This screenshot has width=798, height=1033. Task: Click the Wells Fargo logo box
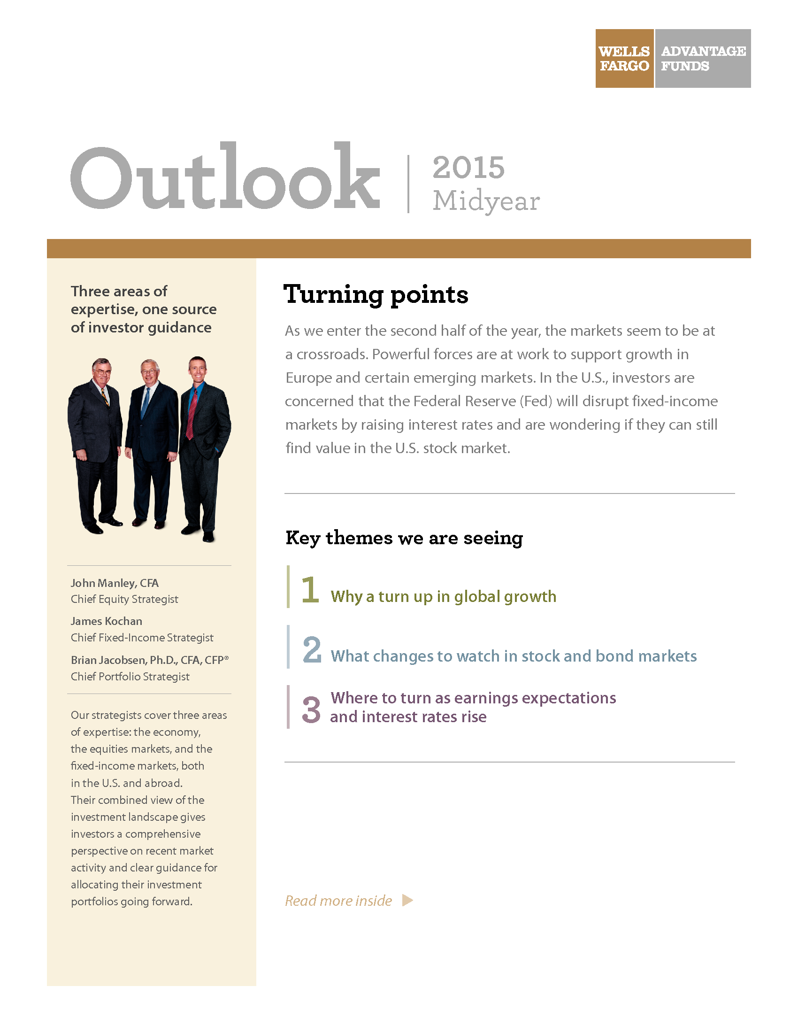pos(624,58)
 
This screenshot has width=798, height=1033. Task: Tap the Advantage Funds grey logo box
pos(703,58)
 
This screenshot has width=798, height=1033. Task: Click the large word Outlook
pos(225,177)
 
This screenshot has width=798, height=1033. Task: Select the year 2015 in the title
pos(468,168)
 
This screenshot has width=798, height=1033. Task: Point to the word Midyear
pos(486,201)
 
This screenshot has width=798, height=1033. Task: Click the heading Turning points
pos(376,294)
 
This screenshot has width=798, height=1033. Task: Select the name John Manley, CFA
pos(115,583)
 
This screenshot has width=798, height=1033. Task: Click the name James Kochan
pos(107,621)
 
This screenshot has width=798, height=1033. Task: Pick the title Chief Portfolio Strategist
pos(130,676)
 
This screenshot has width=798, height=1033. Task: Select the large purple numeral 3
pos(311,709)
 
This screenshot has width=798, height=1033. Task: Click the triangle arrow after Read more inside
pos(407,900)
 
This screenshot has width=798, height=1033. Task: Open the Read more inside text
pos(338,901)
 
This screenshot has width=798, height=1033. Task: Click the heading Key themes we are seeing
pos(404,538)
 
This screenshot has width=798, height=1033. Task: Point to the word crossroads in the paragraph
pos(332,354)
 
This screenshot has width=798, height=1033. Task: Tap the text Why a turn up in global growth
pos(444,596)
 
